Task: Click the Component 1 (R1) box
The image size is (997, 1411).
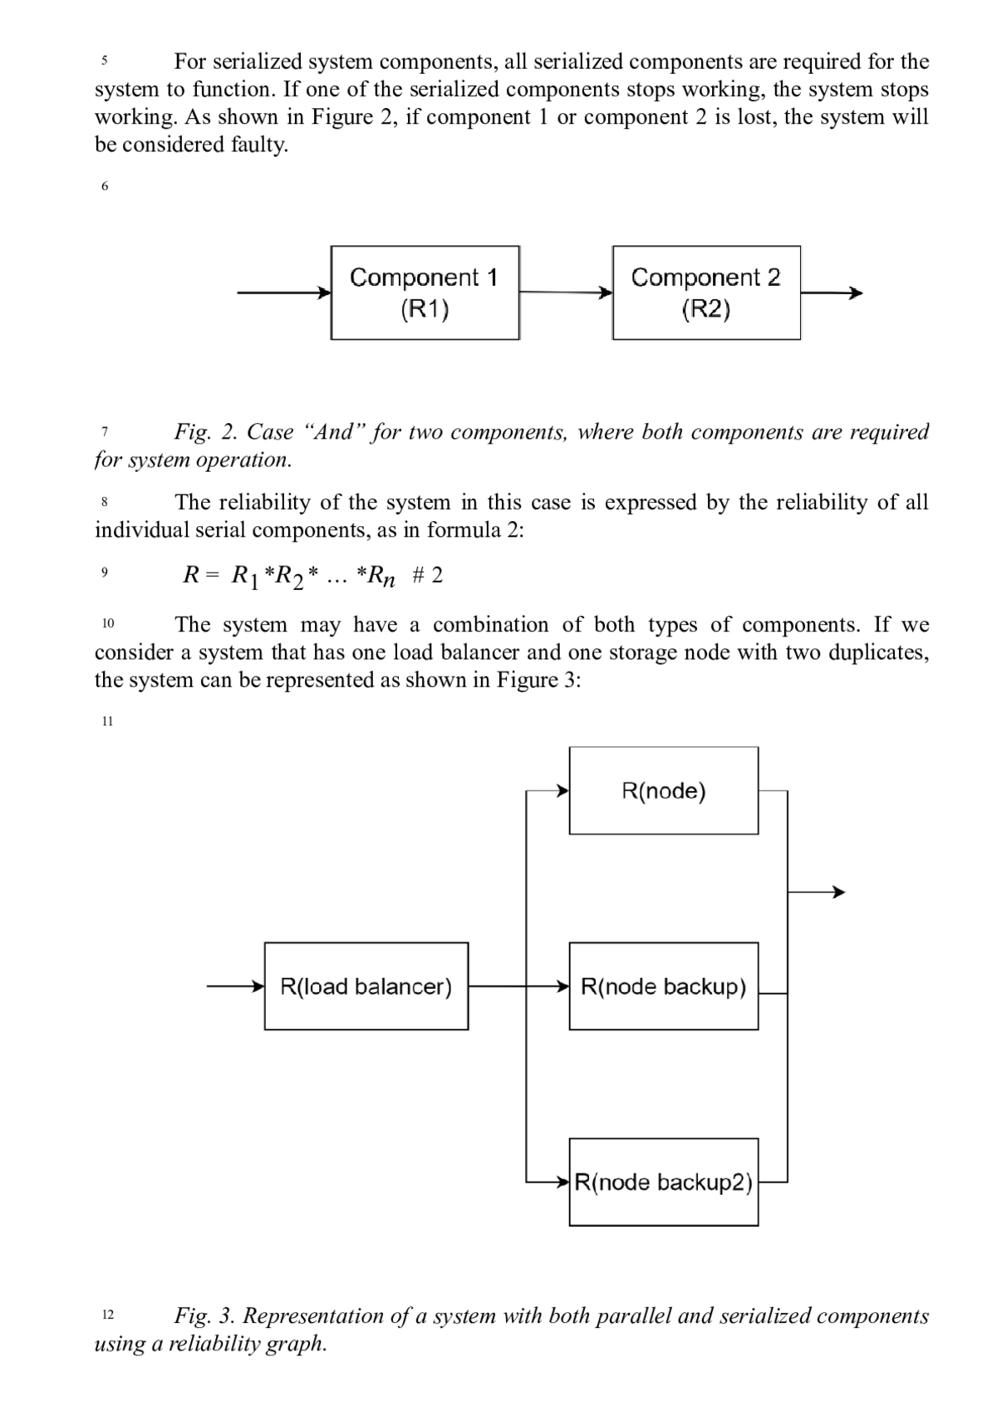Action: (x=425, y=293)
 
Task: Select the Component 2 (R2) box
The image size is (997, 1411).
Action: (x=707, y=293)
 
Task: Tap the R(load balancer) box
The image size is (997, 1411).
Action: (x=366, y=986)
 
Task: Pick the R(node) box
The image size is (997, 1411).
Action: (x=664, y=790)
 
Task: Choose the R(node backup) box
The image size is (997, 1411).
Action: (x=664, y=986)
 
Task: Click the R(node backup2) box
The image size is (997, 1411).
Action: (x=664, y=1182)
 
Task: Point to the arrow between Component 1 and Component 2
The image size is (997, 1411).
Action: (x=566, y=293)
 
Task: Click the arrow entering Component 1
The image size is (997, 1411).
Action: (x=284, y=293)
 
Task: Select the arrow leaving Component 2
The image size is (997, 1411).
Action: (x=832, y=293)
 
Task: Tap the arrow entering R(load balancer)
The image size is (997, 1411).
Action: (x=236, y=986)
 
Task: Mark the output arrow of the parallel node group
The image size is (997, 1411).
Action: (x=816, y=892)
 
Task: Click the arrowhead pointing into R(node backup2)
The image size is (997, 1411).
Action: (x=563, y=1182)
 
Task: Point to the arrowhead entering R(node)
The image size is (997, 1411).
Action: (x=563, y=790)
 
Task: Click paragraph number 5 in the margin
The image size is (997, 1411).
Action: (x=105, y=61)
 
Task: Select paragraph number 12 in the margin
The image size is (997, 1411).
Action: (x=108, y=1315)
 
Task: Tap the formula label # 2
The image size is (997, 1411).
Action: (x=427, y=574)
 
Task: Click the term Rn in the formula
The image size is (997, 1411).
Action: (x=381, y=576)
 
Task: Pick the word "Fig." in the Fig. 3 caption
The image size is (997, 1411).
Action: (x=192, y=1316)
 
